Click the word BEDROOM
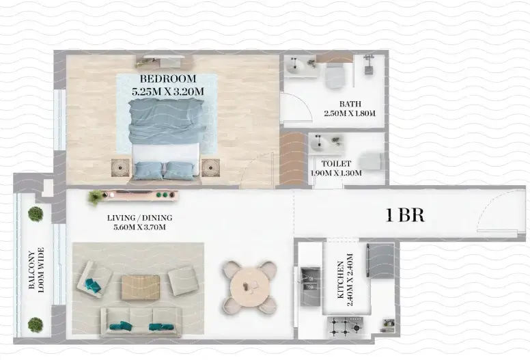167,79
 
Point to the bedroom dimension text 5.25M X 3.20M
167,91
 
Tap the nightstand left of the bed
121,168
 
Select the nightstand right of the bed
210,168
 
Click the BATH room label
350,104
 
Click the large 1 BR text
405,216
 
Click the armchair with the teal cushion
94,279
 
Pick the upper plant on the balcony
36,214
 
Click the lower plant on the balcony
36,324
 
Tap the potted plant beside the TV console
96,197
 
